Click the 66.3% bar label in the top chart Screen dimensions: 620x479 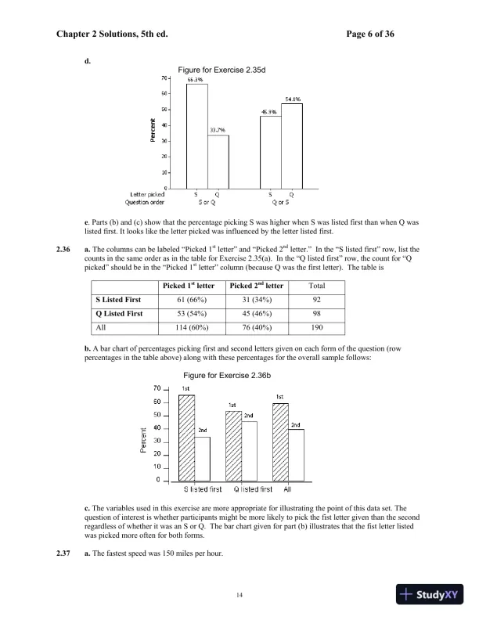point(195,79)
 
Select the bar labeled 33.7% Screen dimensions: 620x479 point(218,160)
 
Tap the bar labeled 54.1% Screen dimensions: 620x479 point(292,145)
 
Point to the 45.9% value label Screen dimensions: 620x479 point(270,112)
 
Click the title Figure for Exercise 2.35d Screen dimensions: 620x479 point(222,70)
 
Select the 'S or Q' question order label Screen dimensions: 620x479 point(207,201)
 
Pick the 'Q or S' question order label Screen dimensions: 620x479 point(281,201)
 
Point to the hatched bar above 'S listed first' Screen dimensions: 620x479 point(187,438)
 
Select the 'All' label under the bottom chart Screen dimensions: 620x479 point(287,489)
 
